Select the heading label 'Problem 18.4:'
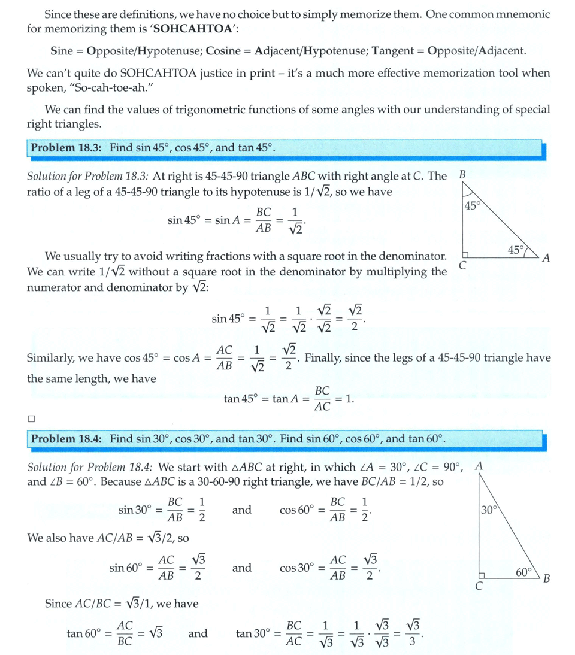click(66, 438)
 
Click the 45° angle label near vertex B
click(473, 206)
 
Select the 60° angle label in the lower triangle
click(524, 572)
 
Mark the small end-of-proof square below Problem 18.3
click(31, 418)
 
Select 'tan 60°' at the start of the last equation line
click(83, 633)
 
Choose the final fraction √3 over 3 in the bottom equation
click(413, 633)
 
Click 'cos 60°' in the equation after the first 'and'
click(296, 510)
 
